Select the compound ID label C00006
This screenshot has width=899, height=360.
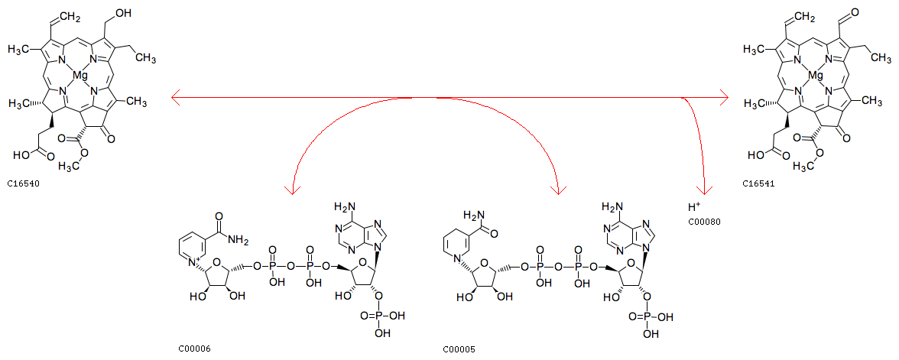coord(193,349)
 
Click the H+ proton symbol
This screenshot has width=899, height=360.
coord(693,207)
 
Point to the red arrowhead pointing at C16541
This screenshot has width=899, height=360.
coord(723,99)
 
